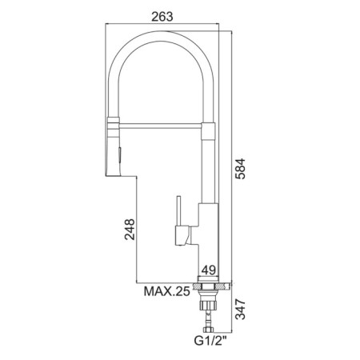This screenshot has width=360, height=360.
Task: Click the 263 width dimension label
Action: [162, 17]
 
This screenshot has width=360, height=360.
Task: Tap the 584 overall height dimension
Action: [240, 169]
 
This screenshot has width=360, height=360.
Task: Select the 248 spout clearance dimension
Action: [130, 230]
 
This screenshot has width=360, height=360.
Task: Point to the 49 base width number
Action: [208, 270]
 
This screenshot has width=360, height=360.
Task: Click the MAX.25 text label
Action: [167, 291]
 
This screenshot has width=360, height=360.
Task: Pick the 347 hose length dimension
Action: [240, 310]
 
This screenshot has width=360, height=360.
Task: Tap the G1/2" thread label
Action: [210, 341]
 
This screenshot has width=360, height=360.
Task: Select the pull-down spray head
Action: [114, 146]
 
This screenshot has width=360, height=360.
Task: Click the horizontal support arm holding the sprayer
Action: [162, 126]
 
